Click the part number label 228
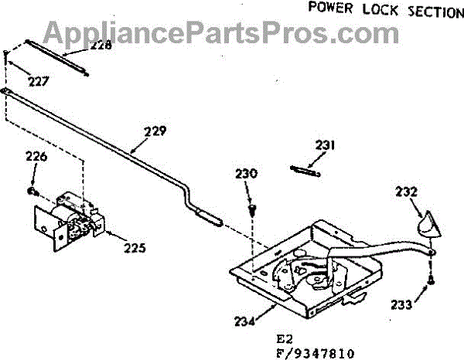(x=101, y=45)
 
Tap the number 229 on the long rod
(x=155, y=131)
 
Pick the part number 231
(x=325, y=144)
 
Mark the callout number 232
(x=408, y=192)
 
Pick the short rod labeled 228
(x=58, y=56)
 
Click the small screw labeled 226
(x=32, y=189)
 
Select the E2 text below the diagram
(x=285, y=338)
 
